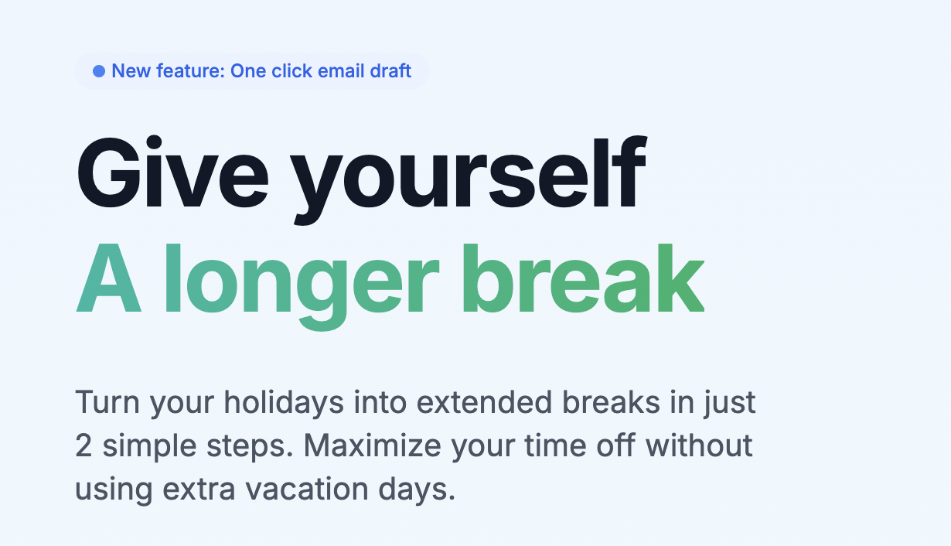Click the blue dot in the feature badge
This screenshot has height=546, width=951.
coord(99,71)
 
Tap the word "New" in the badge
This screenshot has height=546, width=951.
coord(131,71)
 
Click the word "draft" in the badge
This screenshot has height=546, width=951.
coord(391,71)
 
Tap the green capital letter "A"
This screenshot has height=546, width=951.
coord(109,280)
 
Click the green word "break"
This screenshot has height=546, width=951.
coord(582,280)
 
